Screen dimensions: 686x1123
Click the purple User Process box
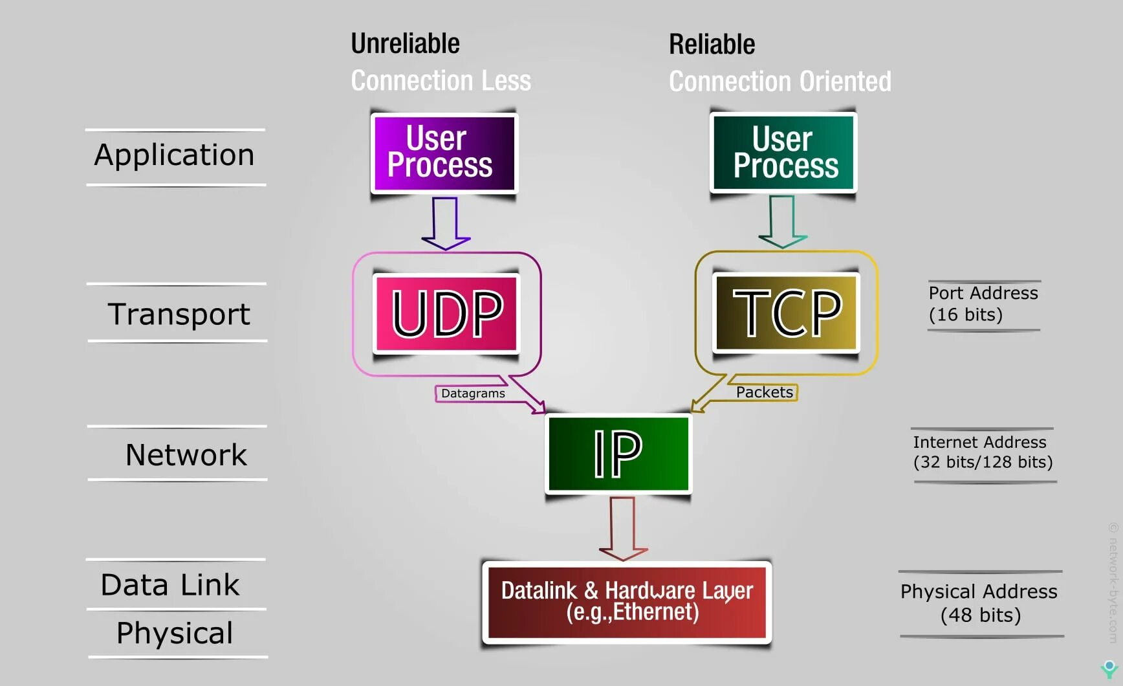coord(444,153)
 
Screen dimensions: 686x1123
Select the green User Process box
coord(783,153)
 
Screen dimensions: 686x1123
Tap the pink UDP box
coord(447,313)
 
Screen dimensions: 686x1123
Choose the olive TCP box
coord(786,313)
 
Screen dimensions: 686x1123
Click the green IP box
coord(618,454)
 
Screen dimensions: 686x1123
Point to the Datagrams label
coord(473,393)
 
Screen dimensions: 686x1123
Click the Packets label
coord(764,392)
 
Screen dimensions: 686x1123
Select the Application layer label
coord(175,155)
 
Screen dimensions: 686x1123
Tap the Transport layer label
coord(179,314)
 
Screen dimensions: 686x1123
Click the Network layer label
coord(186,455)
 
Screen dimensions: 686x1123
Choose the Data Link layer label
coord(170,585)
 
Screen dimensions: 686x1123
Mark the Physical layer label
coord(175,633)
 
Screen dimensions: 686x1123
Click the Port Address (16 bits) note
coord(983,304)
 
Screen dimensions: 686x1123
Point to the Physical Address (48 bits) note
coord(979,603)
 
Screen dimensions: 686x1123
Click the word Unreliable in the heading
coord(405,44)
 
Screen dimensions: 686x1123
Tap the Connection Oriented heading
coord(780,82)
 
